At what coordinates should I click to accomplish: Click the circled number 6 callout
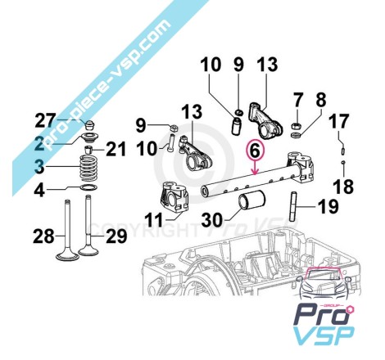pos(255,151)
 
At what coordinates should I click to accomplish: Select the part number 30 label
pos(212,220)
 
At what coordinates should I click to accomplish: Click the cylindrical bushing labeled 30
pos(252,201)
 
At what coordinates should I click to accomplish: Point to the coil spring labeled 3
pos(88,169)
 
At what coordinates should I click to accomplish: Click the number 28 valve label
pos(43,236)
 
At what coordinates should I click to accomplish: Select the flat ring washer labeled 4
pos(88,187)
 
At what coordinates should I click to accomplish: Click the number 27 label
pos(45,121)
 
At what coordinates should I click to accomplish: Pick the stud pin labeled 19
pos(293,207)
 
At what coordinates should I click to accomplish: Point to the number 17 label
pos(338,121)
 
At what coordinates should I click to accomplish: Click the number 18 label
pos(343,187)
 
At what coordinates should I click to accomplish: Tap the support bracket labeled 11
pos(174,197)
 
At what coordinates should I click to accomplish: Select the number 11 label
pos(153,220)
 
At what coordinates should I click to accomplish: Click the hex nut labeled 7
pos(295,126)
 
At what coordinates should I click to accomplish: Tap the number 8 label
pos(321,100)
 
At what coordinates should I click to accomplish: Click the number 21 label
pos(116,149)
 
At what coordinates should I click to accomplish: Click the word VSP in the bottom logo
pos(324,335)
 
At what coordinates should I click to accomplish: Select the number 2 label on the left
pos(39,143)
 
